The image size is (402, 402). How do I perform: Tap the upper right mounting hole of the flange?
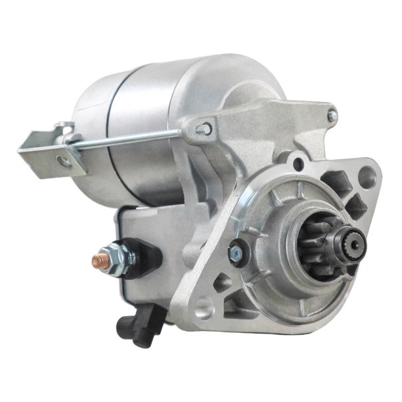[370, 175]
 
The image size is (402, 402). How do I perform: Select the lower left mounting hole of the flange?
[205, 306]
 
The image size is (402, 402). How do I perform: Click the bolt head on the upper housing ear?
[208, 129]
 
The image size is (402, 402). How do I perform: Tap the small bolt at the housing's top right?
[332, 116]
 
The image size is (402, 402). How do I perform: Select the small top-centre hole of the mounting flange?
[299, 160]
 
